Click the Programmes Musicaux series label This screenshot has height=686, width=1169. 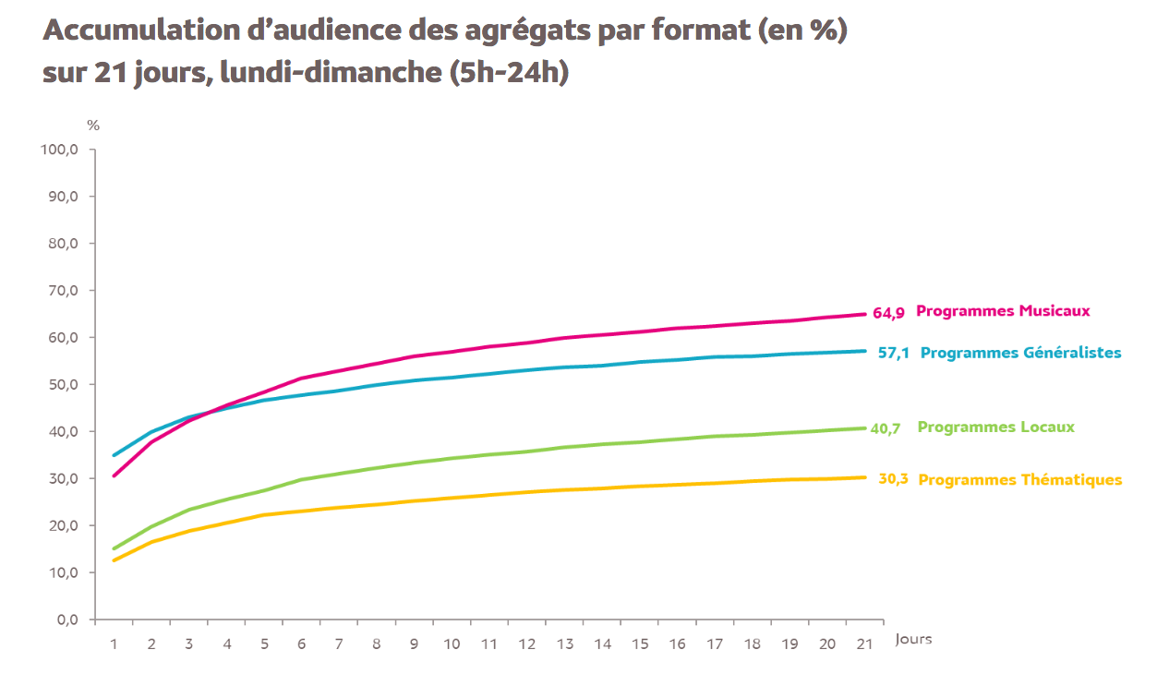pos(1003,311)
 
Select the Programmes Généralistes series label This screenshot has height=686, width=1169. pos(1021,353)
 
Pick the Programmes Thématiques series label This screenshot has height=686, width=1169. pos(1020,480)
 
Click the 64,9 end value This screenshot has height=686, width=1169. pos(888,313)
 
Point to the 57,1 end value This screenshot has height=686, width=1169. pos(894,353)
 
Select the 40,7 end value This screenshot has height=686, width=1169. pos(885,428)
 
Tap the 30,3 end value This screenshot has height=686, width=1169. pos(893,479)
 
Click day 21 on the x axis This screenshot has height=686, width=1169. pos(864,643)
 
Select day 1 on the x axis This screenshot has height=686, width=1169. pos(114,643)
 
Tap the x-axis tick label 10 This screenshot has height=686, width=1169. pos(452,643)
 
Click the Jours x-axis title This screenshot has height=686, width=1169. pos(913,639)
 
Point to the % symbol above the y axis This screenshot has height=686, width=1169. pos(93,126)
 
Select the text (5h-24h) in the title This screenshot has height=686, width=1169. pos(509,73)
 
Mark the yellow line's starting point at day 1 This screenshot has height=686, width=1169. pos(114,560)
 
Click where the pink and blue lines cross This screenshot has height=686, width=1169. pos(211,411)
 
